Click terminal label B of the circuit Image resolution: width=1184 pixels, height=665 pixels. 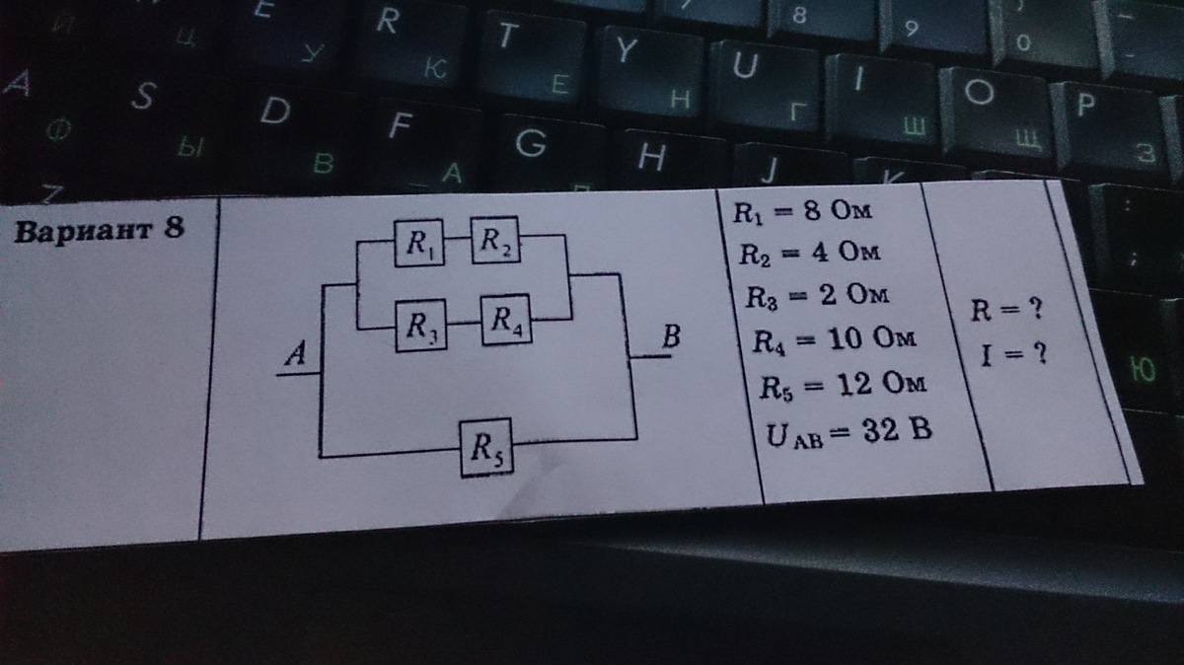672,338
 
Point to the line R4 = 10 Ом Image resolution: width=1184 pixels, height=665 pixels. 834,340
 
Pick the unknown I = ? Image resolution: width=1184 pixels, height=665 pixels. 1012,349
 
